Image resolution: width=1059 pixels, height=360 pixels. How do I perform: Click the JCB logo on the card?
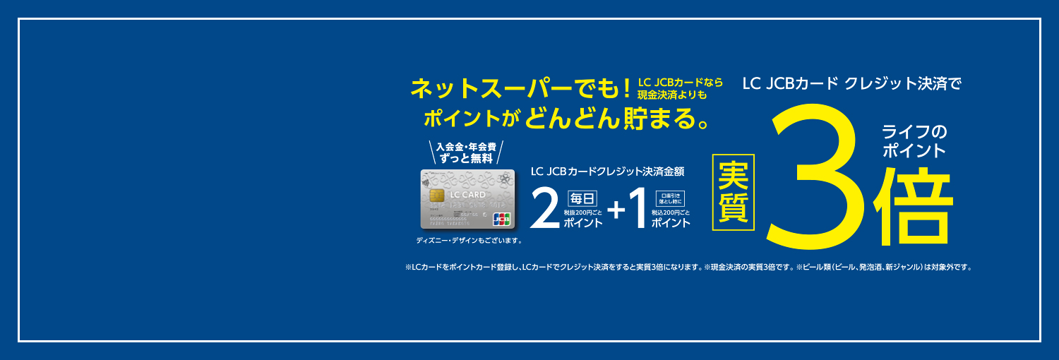coord(502,219)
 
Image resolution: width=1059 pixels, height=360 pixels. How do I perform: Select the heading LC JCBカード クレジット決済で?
coord(851,84)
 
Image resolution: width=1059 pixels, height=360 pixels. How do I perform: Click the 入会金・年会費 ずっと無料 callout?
coord(467,153)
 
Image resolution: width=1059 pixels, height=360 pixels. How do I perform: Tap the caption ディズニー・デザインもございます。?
coord(469,241)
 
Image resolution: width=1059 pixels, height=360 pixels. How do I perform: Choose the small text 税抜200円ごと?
coord(582,212)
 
